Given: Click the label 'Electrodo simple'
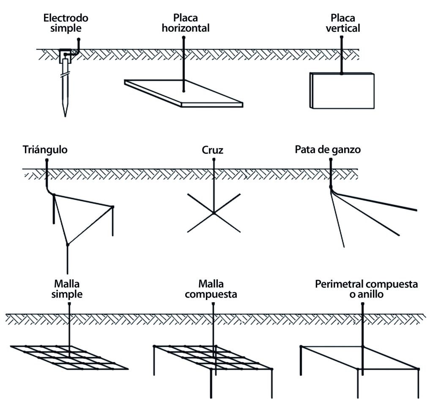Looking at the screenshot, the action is click(66, 23).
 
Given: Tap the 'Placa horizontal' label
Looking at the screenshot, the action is click(186, 23).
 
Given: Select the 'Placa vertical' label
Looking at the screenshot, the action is click(343, 23).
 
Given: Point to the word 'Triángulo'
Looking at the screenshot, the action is click(45, 150).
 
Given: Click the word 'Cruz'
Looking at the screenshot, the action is click(212, 150).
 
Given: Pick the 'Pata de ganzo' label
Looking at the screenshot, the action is click(328, 150).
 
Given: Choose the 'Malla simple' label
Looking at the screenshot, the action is click(67, 289).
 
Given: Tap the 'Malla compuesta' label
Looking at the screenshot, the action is click(211, 289).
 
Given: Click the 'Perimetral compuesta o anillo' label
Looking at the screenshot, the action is click(367, 289).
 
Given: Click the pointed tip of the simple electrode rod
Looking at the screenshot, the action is click(65, 117).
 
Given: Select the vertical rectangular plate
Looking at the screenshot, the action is click(342, 90).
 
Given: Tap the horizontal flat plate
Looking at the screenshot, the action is click(184, 93).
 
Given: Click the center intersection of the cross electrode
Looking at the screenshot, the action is click(214, 213).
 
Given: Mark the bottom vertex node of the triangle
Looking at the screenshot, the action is click(67, 244).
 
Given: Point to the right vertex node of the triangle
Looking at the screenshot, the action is click(112, 207).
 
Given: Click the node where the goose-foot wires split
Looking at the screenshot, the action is click(331, 187).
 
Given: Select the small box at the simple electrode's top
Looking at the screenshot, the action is click(66, 57).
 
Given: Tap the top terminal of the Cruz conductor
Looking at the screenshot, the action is click(214, 159).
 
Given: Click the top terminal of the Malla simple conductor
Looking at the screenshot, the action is click(69, 303).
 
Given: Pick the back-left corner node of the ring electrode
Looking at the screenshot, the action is click(301, 347).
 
